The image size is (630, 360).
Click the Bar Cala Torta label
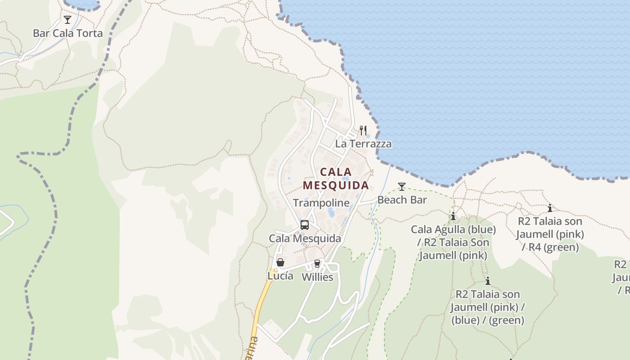click(x=67, y=33)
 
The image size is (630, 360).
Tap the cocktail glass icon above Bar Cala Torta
click(x=67, y=20)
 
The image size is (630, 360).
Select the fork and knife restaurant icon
click(x=363, y=130)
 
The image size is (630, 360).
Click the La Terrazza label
click(x=363, y=144)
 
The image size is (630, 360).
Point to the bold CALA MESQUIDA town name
click(x=336, y=179)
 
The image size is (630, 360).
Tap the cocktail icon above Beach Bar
click(x=402, y=187)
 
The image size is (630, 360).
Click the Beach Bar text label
click(x=402, y=200)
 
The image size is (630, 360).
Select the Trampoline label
click(x=321, y=203)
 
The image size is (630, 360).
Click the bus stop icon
click(x=305, y=225)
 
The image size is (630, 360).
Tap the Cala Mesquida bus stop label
click(x=305, y=238)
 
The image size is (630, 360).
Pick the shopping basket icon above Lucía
click(x=280, y=262)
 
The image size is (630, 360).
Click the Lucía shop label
click(x=280, y=276)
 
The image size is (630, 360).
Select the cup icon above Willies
click(x=317, y=263)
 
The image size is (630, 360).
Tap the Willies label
click(x=317, y=277)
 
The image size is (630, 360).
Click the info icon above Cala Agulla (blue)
click(x=453, y=216)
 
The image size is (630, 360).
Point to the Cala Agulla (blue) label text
click(x=453, y=230)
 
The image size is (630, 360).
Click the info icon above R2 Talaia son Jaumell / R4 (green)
click(x=550, y=208)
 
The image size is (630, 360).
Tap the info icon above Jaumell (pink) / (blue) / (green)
click(x=487, y=281)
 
